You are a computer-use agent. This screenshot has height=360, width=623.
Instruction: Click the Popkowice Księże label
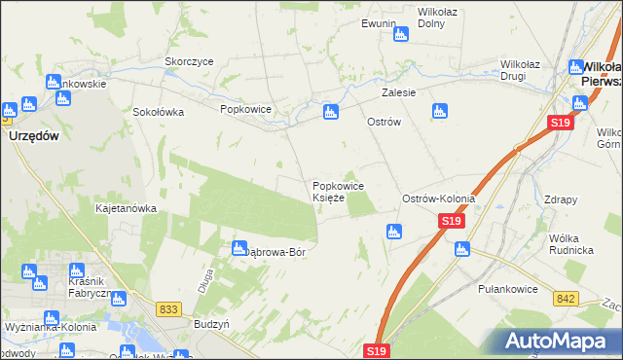[x=338, y=192]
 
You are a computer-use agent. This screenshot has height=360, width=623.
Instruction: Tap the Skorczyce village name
[x=189, y=61]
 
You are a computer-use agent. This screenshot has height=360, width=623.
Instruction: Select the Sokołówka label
[x=159, y=111]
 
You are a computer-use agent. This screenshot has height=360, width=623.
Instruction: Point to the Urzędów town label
[x=34, y=136]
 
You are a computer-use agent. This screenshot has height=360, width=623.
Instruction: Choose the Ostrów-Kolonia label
[x=439, y=198]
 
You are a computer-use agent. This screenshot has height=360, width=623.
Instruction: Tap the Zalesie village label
[x=399, y=92]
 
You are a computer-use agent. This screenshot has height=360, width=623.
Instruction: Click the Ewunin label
[x=379, y=23]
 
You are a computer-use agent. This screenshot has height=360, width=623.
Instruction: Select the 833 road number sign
[x=168, y=309]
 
